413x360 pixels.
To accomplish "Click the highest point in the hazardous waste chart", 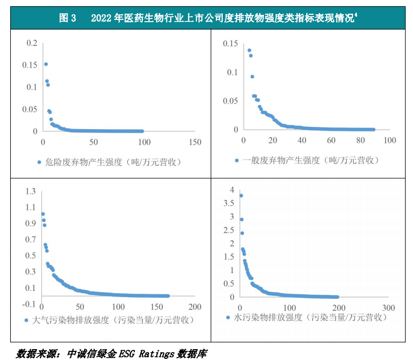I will (x=46, y=64).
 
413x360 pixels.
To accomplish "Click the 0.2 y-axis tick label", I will (x=31, y=43).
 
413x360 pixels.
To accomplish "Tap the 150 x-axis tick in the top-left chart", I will (x=194, y=142).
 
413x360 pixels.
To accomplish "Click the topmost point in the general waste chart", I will (x=249, y=50).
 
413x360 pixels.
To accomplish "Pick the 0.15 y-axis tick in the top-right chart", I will (x=230, y=43).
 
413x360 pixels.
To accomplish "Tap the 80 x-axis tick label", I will (x=360, y=141).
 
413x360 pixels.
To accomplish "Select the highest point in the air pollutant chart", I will (x=43, y=214).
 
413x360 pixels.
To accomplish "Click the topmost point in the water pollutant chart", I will (x=241, y=196).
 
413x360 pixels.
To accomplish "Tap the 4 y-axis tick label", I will (x=232, y=190).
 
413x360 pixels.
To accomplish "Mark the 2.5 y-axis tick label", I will (x=229, y=230).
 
